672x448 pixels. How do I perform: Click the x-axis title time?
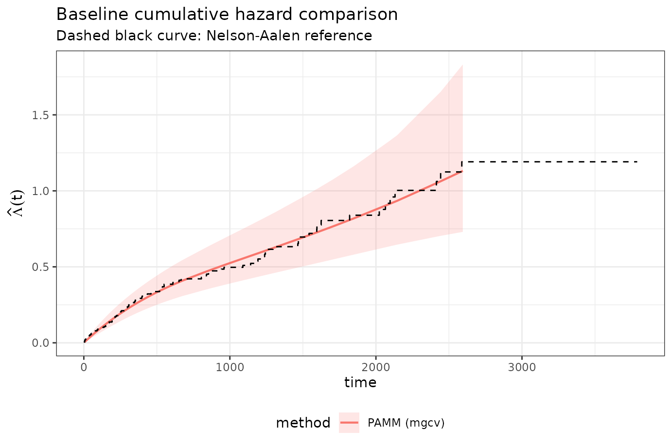360,383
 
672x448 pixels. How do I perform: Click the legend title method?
303,423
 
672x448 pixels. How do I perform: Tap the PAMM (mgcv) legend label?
406,423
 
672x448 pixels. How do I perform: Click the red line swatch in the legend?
349,423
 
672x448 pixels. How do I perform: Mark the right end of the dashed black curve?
637,161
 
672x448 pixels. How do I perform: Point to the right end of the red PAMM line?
462,172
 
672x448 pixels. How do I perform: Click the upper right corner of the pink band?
462,65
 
